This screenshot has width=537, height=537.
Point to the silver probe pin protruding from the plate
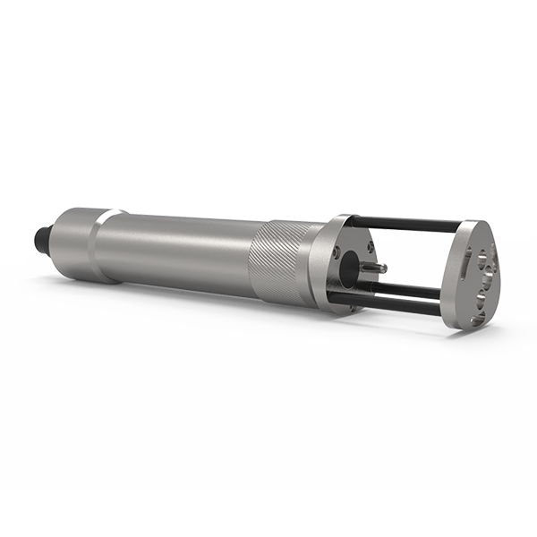(x=376, y=267)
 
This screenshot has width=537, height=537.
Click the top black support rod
(x=412, y=223)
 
